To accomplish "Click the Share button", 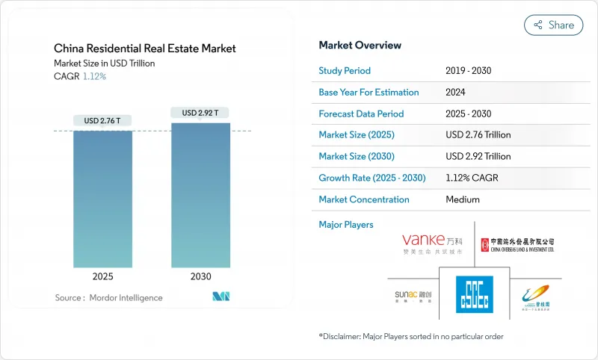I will coord(553,25).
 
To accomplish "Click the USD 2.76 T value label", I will coord(102,121).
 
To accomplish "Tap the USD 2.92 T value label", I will coord(200,113).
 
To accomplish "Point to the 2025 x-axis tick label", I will coord(102,276).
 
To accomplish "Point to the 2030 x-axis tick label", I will coord(200,276).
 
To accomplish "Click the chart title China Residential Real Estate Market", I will coord(144,49).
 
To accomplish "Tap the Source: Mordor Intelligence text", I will coord(108,298).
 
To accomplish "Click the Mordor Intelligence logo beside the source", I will coord(221,297).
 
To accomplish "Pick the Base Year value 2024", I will coord(455,93).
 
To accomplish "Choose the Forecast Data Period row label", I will coord(361,114).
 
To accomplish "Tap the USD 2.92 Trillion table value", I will coord(478,157).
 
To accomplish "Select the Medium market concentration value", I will coord(462,199).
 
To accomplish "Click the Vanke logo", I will coord(432,243).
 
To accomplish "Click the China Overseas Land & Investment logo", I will coord(518,244).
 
